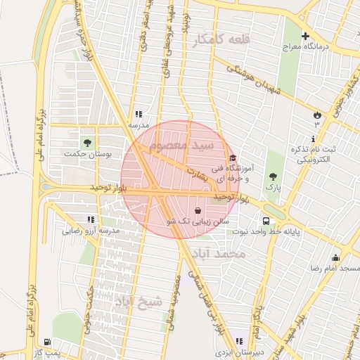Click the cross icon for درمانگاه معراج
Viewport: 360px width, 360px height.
click(x=305, y=36)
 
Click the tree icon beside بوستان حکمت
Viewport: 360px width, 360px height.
click(x=88, y=142)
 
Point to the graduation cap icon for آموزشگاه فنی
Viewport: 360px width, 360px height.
click(x=233, y=157)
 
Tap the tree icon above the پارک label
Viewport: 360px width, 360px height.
click(x=273, y=176)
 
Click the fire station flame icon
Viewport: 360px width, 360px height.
click(x=316, y=115)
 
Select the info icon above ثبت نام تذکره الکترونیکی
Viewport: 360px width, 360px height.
click(x=314, y=138)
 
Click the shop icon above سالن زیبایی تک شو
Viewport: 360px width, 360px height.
click(x=198, y=210)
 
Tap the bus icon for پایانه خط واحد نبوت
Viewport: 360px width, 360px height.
click(x=265, y=220)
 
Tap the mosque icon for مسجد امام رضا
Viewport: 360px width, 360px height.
click(x=335, y=257)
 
